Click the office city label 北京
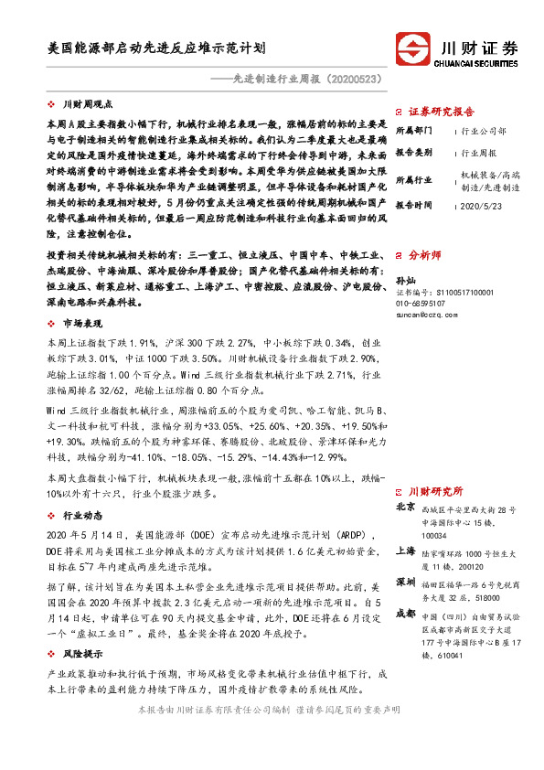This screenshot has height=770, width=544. [405, 506]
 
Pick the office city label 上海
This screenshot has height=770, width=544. [405, 551]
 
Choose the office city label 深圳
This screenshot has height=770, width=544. [405, 583]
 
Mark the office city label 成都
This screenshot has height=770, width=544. [405, 614]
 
